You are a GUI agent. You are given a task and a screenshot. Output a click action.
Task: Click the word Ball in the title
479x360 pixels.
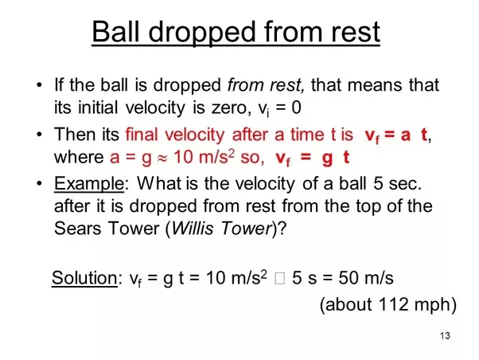coord(115,32)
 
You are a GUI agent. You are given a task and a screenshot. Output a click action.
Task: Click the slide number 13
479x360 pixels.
coord(445,336)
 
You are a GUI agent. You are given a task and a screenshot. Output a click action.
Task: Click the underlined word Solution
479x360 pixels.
coord(84,278)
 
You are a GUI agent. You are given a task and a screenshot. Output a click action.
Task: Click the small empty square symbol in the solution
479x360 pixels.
coord(279,278)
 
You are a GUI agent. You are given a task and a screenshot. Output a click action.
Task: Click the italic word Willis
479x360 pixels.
coord(192,228)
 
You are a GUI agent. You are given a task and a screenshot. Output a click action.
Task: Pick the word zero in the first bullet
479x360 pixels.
coord(229,108)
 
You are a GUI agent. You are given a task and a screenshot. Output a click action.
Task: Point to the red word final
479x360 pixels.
coord(142,135)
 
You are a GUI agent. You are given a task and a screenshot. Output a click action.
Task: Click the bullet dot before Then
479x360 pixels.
coord(39,135)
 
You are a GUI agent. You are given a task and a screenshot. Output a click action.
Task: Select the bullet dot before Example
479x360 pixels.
coord(39,184)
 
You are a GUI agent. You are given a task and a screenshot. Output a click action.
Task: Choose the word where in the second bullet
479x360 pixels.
coord(79,157)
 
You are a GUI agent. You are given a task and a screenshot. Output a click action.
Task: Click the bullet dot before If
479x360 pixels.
coord(39,85)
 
